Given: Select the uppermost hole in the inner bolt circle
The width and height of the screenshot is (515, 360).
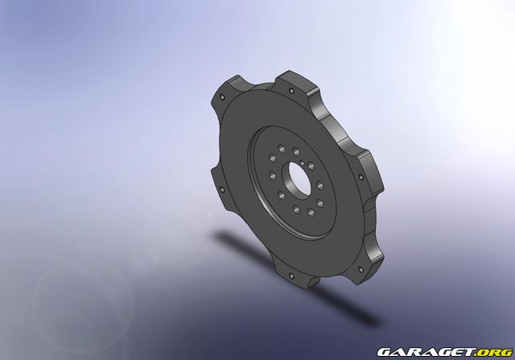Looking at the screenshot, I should (297, 151).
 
